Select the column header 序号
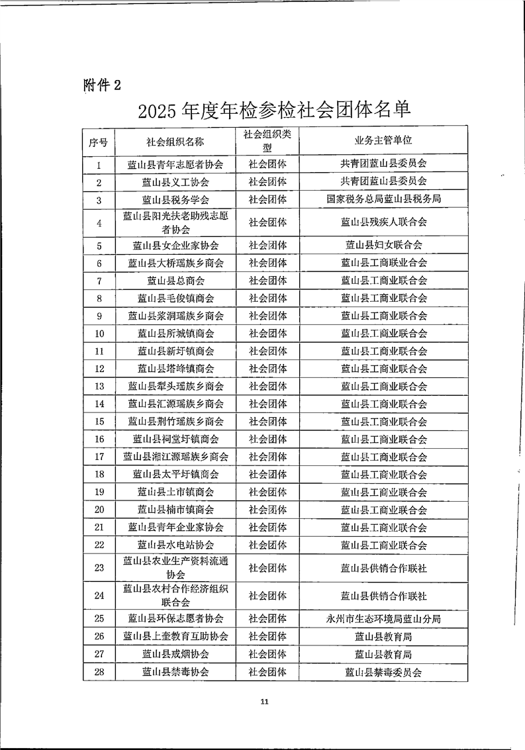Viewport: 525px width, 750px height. tap(99, 141)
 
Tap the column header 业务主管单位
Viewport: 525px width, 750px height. tap(383, 141)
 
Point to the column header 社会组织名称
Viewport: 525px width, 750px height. tap(175, 141)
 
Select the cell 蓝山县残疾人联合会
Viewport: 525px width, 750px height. tap(383, 222)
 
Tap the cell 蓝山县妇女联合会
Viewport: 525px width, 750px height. tap(383, 245)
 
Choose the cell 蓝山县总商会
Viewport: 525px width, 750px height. tap(175, 281)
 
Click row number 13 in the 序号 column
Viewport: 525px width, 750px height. tap(99, 387)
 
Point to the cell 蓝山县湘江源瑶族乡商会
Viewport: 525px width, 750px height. tap(175, 457)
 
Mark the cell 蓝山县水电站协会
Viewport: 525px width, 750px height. tap(175, 545)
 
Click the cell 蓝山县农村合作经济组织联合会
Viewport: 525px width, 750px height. tap(175, 596)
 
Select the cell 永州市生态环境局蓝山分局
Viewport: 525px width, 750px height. tap(383, 619)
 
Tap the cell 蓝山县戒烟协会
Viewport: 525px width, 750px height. tap(175, 654)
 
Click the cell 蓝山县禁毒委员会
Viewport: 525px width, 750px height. tap(383, 672)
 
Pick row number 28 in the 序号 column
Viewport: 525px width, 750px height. tap(99, 672)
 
